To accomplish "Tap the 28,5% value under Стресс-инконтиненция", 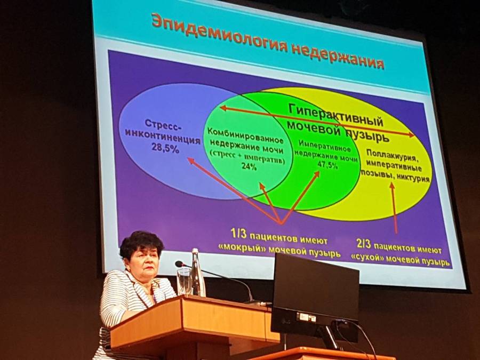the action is coord(165,148).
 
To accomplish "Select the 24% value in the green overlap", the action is coord(249,167).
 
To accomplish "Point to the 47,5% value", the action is coord(327,165).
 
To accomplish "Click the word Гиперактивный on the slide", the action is coord(336,114).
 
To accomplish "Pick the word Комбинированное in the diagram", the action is coord(245,135).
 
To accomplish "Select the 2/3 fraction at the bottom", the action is coord(364,244).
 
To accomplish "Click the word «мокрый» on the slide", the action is coord(242,249).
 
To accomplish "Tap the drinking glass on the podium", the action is coord(184,281).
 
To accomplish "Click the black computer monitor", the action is coord(315,299).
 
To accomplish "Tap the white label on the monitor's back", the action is coord(306,317).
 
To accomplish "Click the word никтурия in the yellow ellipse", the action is coord(413,178).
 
